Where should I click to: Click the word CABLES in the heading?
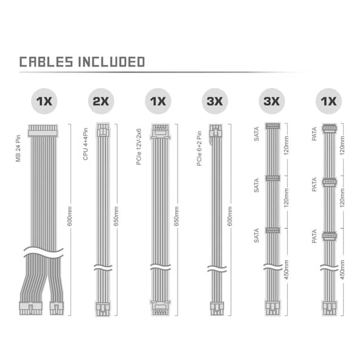(x=46, y=62)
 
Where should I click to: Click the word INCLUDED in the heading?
(x=112, y=62)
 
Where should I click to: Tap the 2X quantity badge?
(x=101, y=101)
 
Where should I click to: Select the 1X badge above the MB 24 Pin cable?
(x=44, y=101)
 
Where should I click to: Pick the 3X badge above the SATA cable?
(x=272, y=101)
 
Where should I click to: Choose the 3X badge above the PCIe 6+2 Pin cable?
(x=215, y=101)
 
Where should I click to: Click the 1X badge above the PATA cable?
(x=328, y=101)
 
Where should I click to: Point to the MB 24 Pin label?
(x=18, y=148)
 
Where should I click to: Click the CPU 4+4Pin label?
(x=85, y=144)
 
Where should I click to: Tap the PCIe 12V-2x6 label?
(x=139, y=147)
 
